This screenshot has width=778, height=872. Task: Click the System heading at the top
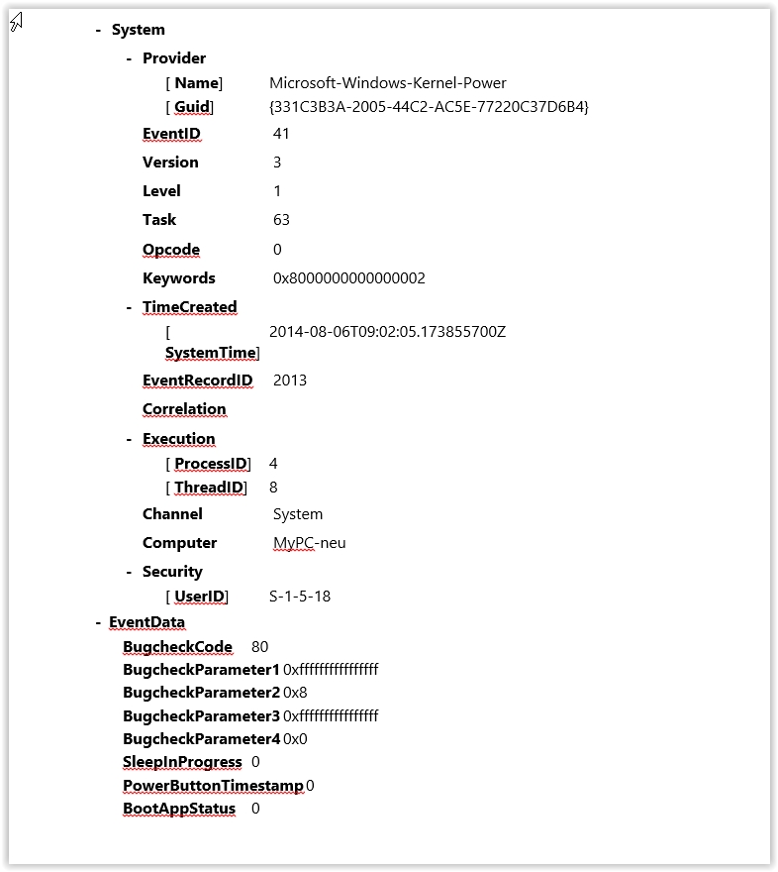click(138, 30)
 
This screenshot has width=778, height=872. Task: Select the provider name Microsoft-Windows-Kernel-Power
click(388, 83)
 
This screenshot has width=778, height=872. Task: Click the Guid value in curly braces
click(429, 107)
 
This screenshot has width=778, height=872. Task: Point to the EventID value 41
click(281, 133)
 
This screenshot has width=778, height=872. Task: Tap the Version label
click(170, 162)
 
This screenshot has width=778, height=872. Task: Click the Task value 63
click(281, 219)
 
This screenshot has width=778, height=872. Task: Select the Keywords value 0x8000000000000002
click(348, 277)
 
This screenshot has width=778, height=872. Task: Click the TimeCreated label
click(189, 307)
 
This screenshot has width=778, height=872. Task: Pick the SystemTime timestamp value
click(387, 331)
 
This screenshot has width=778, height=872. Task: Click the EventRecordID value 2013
click(290, 380)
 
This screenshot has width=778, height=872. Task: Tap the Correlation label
click(184, 409)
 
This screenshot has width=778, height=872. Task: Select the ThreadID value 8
click(273, 488)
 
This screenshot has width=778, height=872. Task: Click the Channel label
click(172, 513)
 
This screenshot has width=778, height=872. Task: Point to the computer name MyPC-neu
click(310, 543)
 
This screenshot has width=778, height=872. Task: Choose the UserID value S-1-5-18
click(300, 597)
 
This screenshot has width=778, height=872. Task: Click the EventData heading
click(146, 622)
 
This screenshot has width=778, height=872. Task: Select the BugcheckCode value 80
click(260, 647)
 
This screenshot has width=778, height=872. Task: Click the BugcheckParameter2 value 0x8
click(295, 693)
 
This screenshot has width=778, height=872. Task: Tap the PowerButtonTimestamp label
click(213, 786)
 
